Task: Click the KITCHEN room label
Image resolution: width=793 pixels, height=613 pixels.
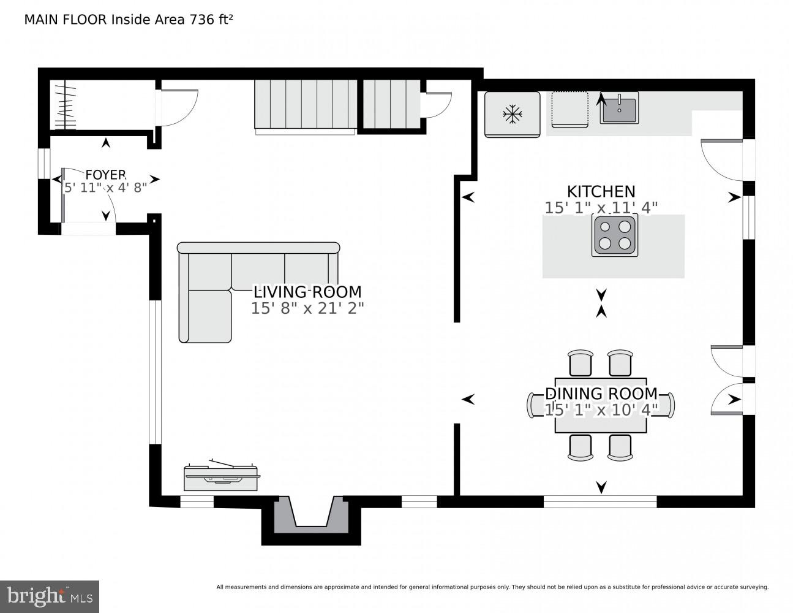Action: click(x=601, y=191)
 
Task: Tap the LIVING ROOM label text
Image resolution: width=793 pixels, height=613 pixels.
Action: click(x=307, y=292)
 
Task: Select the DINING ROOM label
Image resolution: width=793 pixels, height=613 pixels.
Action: click(x=601, y=394)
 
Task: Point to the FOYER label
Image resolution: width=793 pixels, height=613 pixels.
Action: click(x=105, y=175)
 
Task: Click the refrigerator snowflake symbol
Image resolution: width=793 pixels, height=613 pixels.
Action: click(x=512, y=113)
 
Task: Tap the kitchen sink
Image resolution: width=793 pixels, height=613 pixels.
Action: click(x=618, y=109)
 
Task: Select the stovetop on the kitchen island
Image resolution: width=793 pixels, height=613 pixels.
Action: click(x=614, y=235)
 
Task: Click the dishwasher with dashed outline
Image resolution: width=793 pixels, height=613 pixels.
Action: click(x=569, y=110)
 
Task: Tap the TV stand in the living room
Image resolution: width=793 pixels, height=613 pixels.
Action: click(x=222, y=476)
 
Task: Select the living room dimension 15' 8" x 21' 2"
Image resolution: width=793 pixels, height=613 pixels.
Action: click(x=307, y=308)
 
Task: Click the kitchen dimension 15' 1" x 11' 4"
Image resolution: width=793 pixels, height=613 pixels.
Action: click(x=601, y=208)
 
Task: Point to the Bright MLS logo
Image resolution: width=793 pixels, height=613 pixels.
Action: click(x=50, y=596)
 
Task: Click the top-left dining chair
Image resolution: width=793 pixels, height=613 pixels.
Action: click(x=580, y=363)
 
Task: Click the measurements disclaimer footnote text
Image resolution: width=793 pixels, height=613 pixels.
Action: click(x=492, y=587)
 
